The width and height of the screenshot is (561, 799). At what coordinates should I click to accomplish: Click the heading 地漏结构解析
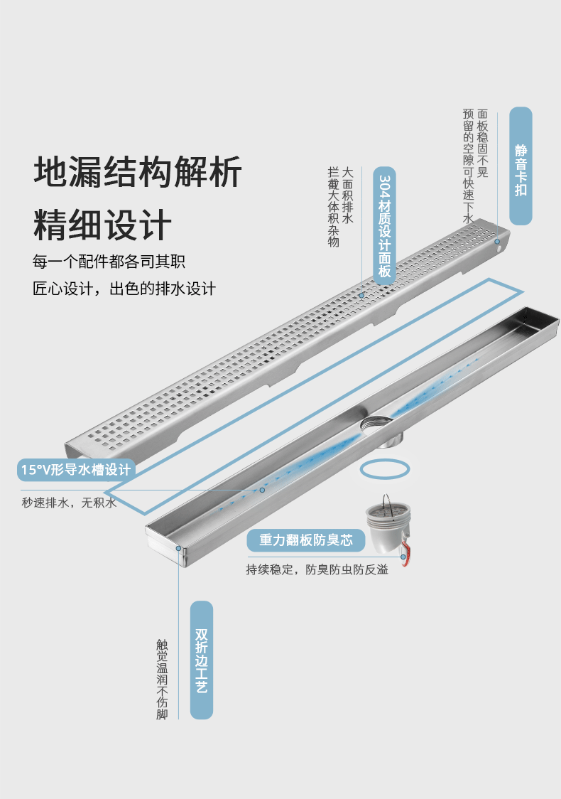click(x=138, y=172)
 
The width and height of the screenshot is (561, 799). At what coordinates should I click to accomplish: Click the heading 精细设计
click(x=103, y=225)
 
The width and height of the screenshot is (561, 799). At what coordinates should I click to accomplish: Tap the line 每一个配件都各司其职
click(x=109, y=262)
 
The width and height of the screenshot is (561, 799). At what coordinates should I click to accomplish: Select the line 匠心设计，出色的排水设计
click(x=124, y=289)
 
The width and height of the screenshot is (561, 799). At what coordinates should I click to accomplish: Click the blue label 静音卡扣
click(x=521, y=166)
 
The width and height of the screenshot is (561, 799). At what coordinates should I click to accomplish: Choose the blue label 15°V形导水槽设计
click(x=76, y=470)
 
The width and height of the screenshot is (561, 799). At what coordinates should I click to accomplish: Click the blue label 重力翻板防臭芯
click(x=306, y=541)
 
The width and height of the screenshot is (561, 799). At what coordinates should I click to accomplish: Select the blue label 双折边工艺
click(x=202, y=660)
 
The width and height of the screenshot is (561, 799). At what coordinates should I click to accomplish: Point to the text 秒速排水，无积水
click(x=69, y=503)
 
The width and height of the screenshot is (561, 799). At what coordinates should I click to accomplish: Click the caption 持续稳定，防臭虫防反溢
click(x=317, y=569)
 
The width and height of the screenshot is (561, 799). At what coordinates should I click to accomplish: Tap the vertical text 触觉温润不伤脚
click(x=162, y=680)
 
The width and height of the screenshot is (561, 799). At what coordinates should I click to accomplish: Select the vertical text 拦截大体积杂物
click(x=333, y=207)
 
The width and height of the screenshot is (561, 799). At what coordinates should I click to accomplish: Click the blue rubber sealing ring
click(x=384, y=469)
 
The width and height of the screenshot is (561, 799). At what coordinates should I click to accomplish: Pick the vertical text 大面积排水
click(x=347, y=192)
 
